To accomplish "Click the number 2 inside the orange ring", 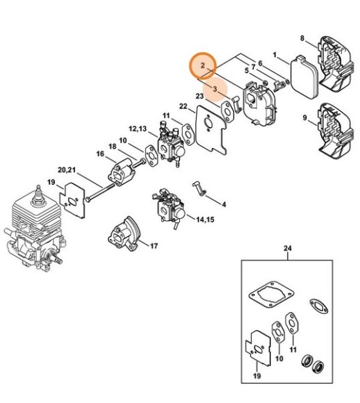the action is [x=203, y=65].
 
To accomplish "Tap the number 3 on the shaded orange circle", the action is [x=215, y=89].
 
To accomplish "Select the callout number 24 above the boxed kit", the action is [x=288, y=249].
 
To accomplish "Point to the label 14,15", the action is [x=205, y=220].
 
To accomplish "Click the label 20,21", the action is [x=67, y=170].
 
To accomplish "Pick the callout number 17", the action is [x=154, y=246].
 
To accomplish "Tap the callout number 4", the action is [x=224, y=204].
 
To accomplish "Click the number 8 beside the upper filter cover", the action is [x=302, y=38].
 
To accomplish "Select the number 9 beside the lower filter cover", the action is [x=304, y=118].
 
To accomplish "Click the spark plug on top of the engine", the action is [x=38, y=195].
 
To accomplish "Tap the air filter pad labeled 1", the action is [x=304, y=78].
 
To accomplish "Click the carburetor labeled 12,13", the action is [x=170, y=145].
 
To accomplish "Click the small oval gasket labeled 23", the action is [x=227, y=112].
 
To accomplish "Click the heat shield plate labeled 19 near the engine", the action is [x=72, y=200].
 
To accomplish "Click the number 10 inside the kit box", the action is [x=279, y=358].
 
